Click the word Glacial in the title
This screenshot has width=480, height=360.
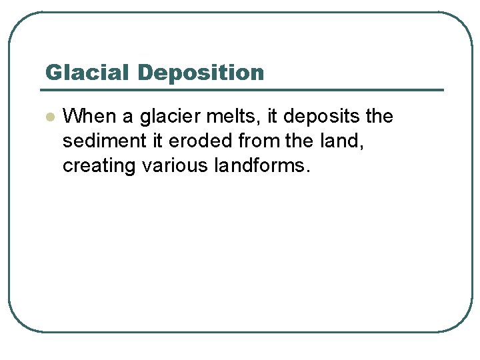tap(85, 72)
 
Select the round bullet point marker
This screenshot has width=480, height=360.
tap(49, 117)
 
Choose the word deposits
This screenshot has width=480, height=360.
tap(323, 117)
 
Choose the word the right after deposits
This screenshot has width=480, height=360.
tap(379, 117)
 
